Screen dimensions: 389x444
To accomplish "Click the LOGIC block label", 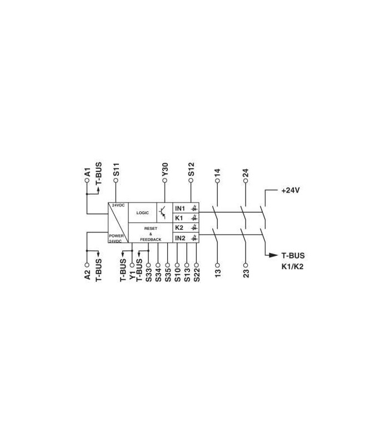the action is coord(142,213).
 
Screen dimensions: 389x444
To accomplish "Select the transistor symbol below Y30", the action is coord(162,213).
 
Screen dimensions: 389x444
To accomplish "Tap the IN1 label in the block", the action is coord(180,209).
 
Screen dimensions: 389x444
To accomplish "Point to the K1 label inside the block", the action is coord(179,218).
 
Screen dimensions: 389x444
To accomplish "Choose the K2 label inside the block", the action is coord(179,228).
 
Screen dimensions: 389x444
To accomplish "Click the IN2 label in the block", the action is coord(180,238).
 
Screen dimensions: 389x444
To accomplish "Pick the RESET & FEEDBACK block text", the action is coord(151,234).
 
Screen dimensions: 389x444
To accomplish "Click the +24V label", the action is coord(290,190).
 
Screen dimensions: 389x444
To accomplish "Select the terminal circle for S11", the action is coord(116,180).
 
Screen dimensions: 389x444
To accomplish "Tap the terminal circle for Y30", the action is coord(164,180).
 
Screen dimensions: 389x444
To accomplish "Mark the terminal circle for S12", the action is coord(191,180).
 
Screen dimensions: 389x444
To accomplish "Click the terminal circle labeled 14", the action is coord(217,181).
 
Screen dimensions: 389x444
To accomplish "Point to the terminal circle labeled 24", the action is coord(246,181).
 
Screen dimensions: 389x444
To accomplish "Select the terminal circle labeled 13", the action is coord(217,265).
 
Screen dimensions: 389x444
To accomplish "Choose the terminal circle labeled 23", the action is coord(246,265).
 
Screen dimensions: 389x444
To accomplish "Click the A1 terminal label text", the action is coord(87,172).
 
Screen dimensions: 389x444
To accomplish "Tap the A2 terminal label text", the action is coord(87,275).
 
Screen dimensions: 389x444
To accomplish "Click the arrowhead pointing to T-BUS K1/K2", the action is coord(273,255).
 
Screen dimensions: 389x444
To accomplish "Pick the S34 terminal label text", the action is coord(158,275).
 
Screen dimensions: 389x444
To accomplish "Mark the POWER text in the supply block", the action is coord(116,235).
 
